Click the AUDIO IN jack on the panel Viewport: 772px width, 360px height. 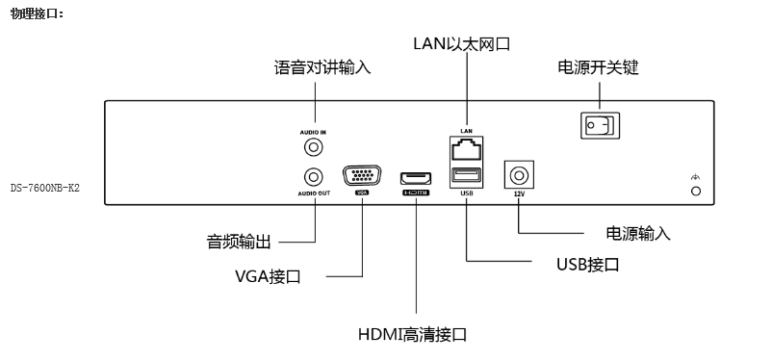[313, 147]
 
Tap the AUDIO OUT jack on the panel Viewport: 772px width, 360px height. [313, 177]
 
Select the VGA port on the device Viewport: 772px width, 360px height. [362, 176]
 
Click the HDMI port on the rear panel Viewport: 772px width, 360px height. [416, 178]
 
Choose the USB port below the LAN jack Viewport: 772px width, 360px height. [466, 176]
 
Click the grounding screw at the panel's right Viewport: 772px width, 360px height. [695, 192]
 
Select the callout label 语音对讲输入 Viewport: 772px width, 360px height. [322, 68]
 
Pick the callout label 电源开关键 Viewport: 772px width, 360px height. [599, 68]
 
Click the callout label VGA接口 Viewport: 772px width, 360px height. [269, 276]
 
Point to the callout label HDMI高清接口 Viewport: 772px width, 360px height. [413, 334]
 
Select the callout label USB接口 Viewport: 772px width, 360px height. [587, 263]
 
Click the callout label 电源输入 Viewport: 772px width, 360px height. [638, 234]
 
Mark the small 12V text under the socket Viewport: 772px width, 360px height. [519, 193]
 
